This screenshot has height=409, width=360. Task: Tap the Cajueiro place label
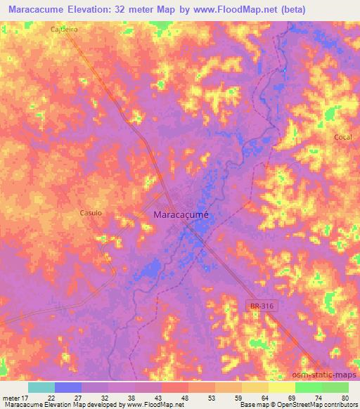point(63,30)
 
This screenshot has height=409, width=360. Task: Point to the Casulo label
point(91,212)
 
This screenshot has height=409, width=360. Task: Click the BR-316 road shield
point(259,305)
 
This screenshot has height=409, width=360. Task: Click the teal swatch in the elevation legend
point(41,387)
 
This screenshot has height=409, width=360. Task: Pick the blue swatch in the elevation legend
point(68,387)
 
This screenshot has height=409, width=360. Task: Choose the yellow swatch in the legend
point(282,387)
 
